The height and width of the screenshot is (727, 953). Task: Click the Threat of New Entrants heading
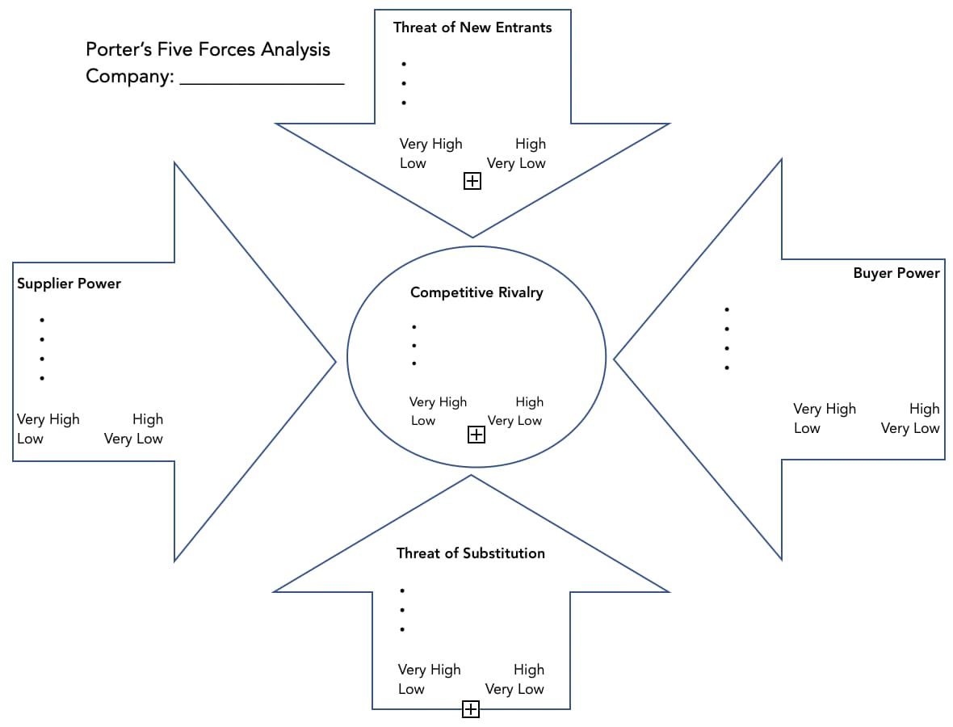(x=472, y=27)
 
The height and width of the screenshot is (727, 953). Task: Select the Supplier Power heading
(x=69, y=284)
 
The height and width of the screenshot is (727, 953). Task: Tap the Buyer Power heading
(x=896, y=273)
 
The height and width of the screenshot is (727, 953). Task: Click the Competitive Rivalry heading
(x=476, y=292)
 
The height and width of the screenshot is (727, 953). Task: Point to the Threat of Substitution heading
(x=471, y=553)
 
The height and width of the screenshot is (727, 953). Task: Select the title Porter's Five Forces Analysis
(x=208, y=49)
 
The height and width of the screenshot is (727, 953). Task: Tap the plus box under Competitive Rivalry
(x=476, y=435)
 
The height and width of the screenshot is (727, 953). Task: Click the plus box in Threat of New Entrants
(x=472, y=181)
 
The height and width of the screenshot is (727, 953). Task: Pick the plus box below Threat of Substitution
(x=471, y=709)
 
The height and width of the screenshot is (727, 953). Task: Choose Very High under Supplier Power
(x=48, y=419)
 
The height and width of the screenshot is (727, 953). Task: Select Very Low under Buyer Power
(x=910, y=428)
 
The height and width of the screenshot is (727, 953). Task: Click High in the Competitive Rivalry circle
(x=529, y=401)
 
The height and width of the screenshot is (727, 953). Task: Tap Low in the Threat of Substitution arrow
(x=411, y=689)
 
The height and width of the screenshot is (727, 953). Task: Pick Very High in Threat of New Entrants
(x=431, y=144)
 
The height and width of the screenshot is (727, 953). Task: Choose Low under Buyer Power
(x=807, y=428)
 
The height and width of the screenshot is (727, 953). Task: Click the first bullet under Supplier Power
(x=41, y=321)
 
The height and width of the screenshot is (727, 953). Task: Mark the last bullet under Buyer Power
(x=727, y=368)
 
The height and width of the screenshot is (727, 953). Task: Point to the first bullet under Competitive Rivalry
(x=414, y=327)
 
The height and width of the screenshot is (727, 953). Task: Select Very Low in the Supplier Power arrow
(x=133, y=439)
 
